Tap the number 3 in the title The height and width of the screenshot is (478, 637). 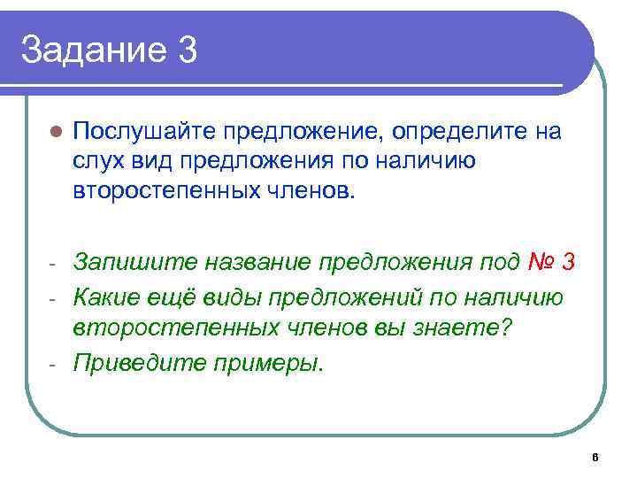pos(187,50)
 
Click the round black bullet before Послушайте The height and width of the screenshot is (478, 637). pos(54,133)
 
